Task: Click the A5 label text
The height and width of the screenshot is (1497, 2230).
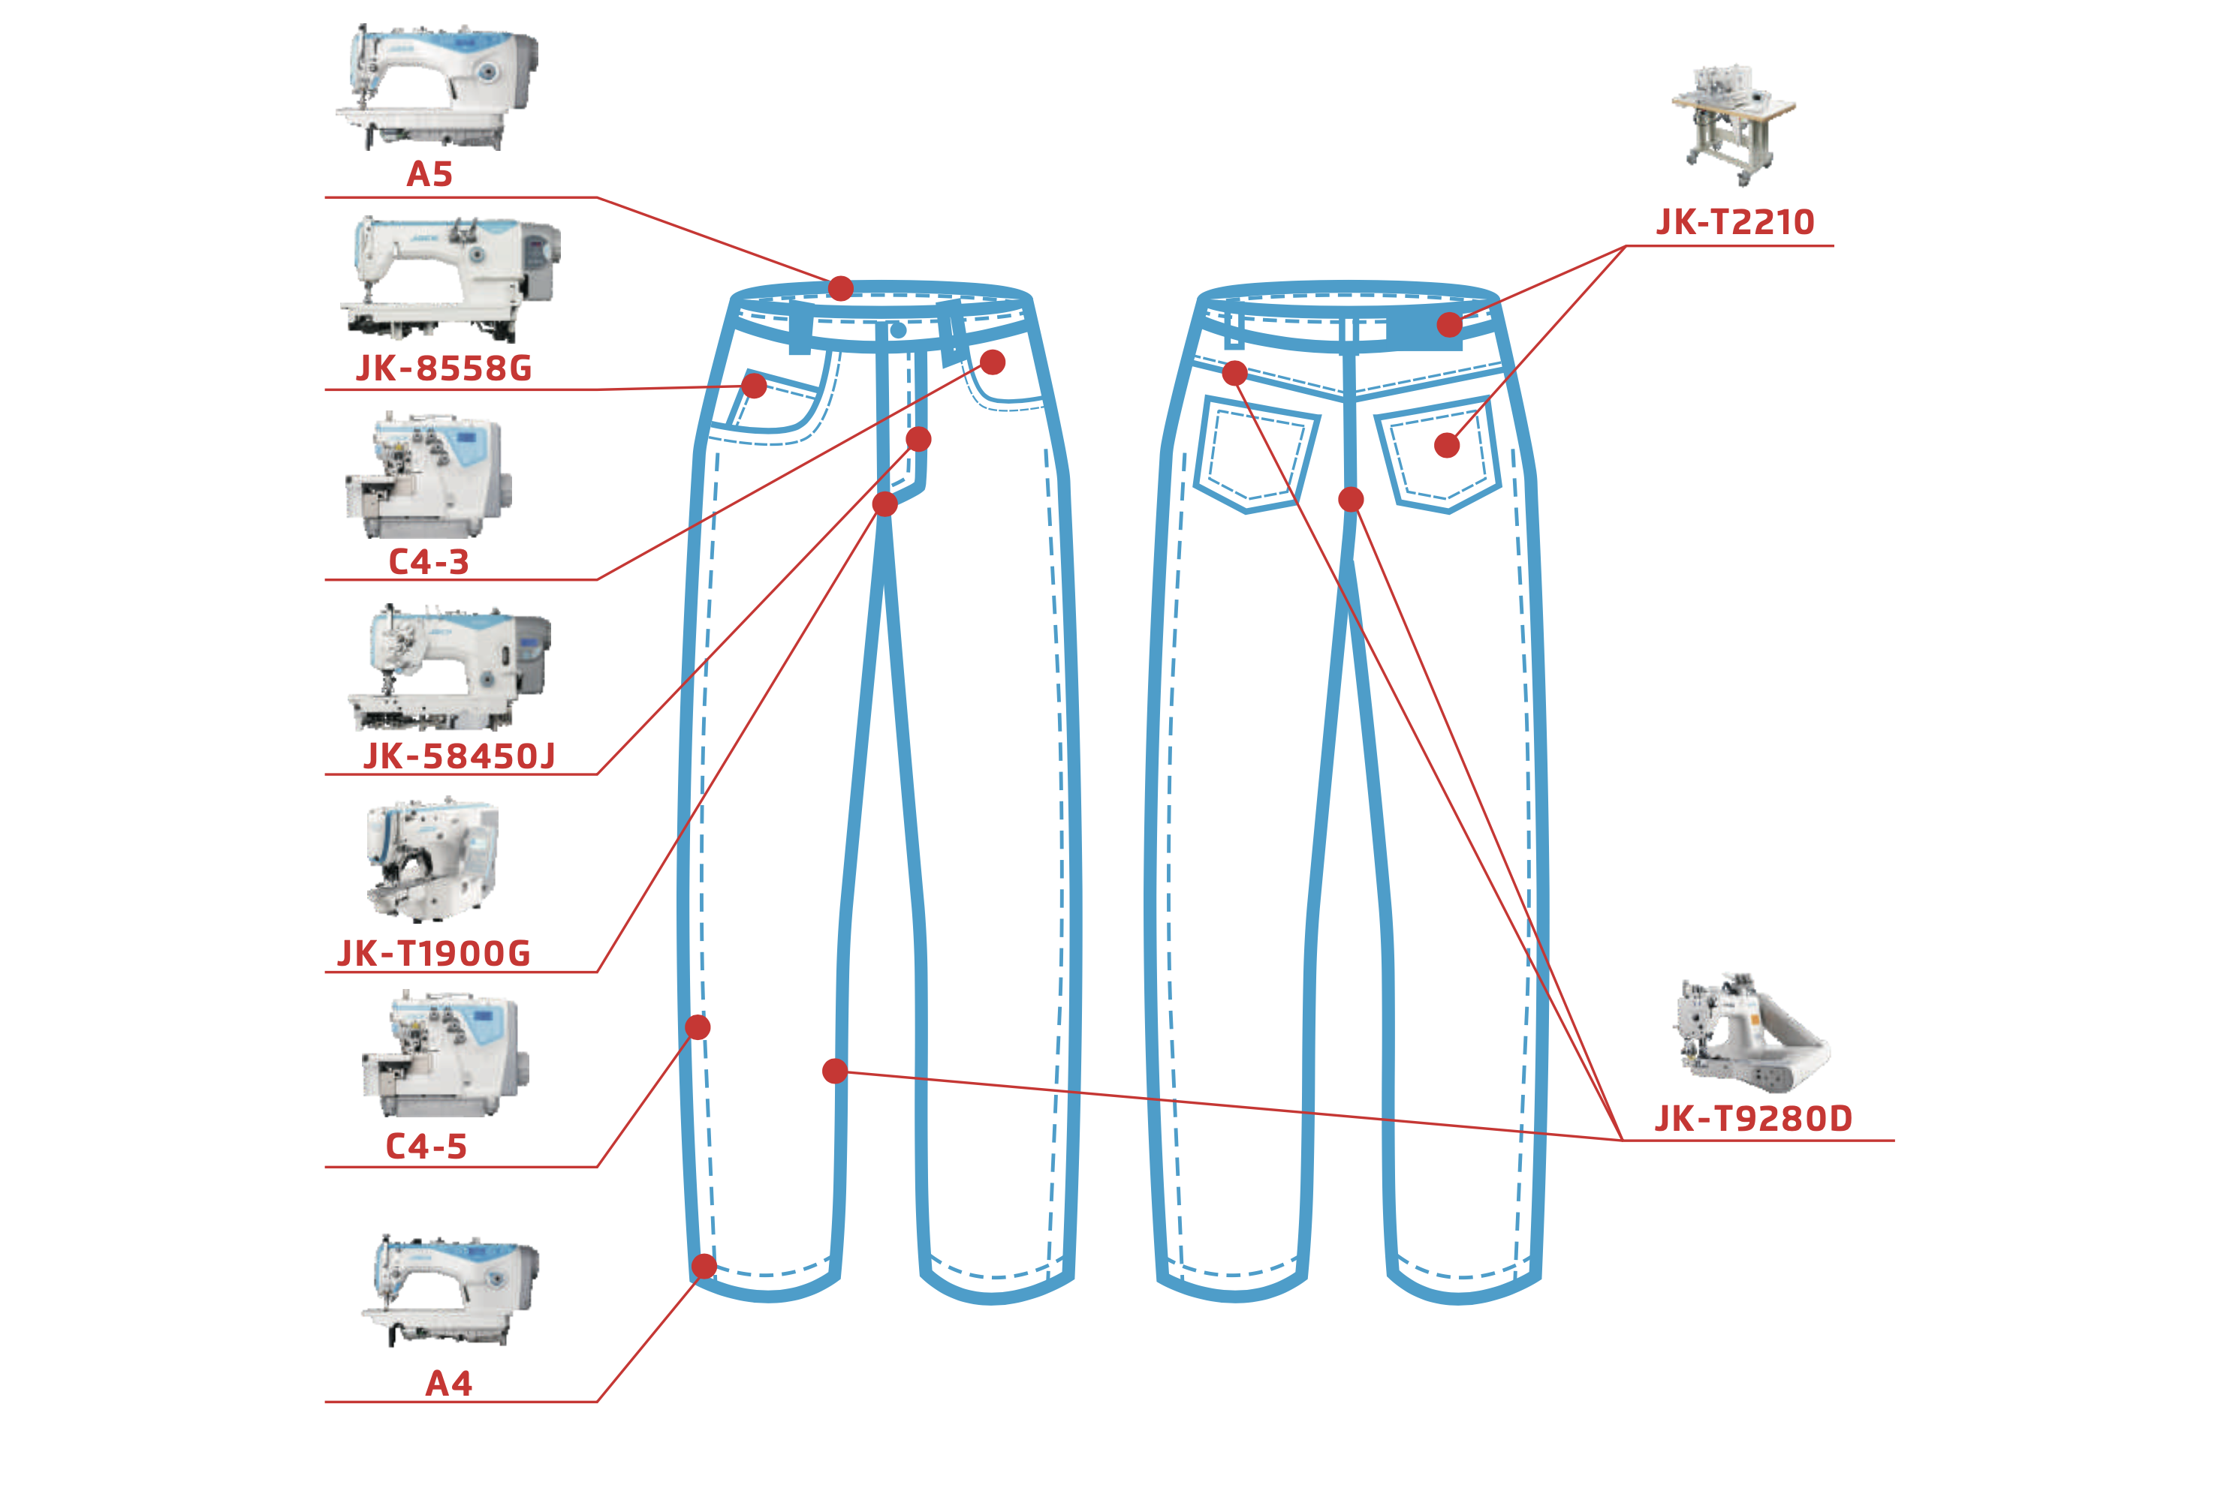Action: tap(429, 175)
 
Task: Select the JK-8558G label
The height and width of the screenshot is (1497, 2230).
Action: tap(443, 368)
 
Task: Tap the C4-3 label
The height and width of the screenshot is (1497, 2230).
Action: tap(429, 562)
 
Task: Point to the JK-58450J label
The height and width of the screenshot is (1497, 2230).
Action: tap(459, 757)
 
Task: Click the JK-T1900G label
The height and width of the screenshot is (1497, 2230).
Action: tap(433, 954)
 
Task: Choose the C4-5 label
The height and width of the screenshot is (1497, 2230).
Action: tap(426, 1147)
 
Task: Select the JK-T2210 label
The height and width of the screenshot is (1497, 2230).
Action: tap(1734, 222)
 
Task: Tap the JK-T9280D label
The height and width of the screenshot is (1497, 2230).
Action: tap(1752, 1119)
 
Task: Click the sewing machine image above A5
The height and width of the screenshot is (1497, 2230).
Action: tap(438, 87)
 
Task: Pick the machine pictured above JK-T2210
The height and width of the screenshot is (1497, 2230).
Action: tap(1732, 124)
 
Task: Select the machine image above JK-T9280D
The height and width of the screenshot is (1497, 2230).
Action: tap(1749, 1033)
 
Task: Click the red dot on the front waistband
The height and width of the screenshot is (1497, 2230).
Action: tap(840, 288)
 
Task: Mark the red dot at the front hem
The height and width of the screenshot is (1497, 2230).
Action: tap(704, 1267)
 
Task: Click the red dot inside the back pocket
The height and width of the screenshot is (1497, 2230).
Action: tap(1447, 445)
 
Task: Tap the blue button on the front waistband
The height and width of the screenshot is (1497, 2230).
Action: tap(898, 330)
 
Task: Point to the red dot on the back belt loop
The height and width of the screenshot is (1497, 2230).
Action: tap(1449, 325)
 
